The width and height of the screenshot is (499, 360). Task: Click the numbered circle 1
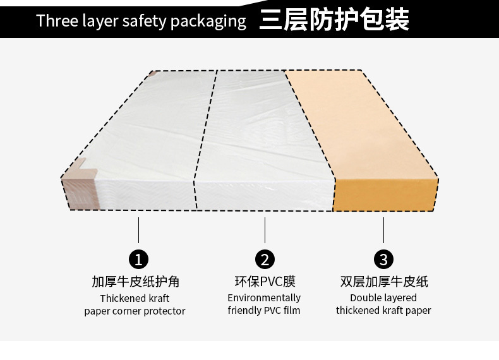[138, 259]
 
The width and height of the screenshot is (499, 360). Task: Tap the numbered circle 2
[265, 259]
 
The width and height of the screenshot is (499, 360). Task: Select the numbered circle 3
[383, 259]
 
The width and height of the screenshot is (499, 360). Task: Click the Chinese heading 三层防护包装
[334, 20]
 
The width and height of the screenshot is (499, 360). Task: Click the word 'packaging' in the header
[208, 21]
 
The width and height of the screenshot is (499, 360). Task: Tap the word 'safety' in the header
[144, 21]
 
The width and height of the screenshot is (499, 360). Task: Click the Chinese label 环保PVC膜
[265, 282]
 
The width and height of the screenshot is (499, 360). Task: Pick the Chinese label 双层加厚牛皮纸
[383, 282]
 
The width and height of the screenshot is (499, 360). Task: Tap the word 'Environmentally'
[264, 298]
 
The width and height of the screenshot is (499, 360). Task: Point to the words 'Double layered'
[383, 298]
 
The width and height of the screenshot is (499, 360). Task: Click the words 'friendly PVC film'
[264, 311]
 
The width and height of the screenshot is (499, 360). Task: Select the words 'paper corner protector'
[135, 311]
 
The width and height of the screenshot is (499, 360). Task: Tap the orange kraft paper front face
[384, 193]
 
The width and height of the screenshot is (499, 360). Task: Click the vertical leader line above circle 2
[265, 230]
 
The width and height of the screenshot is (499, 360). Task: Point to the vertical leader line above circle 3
[383, 230]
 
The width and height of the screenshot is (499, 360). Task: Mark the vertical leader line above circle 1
[138, 230]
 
